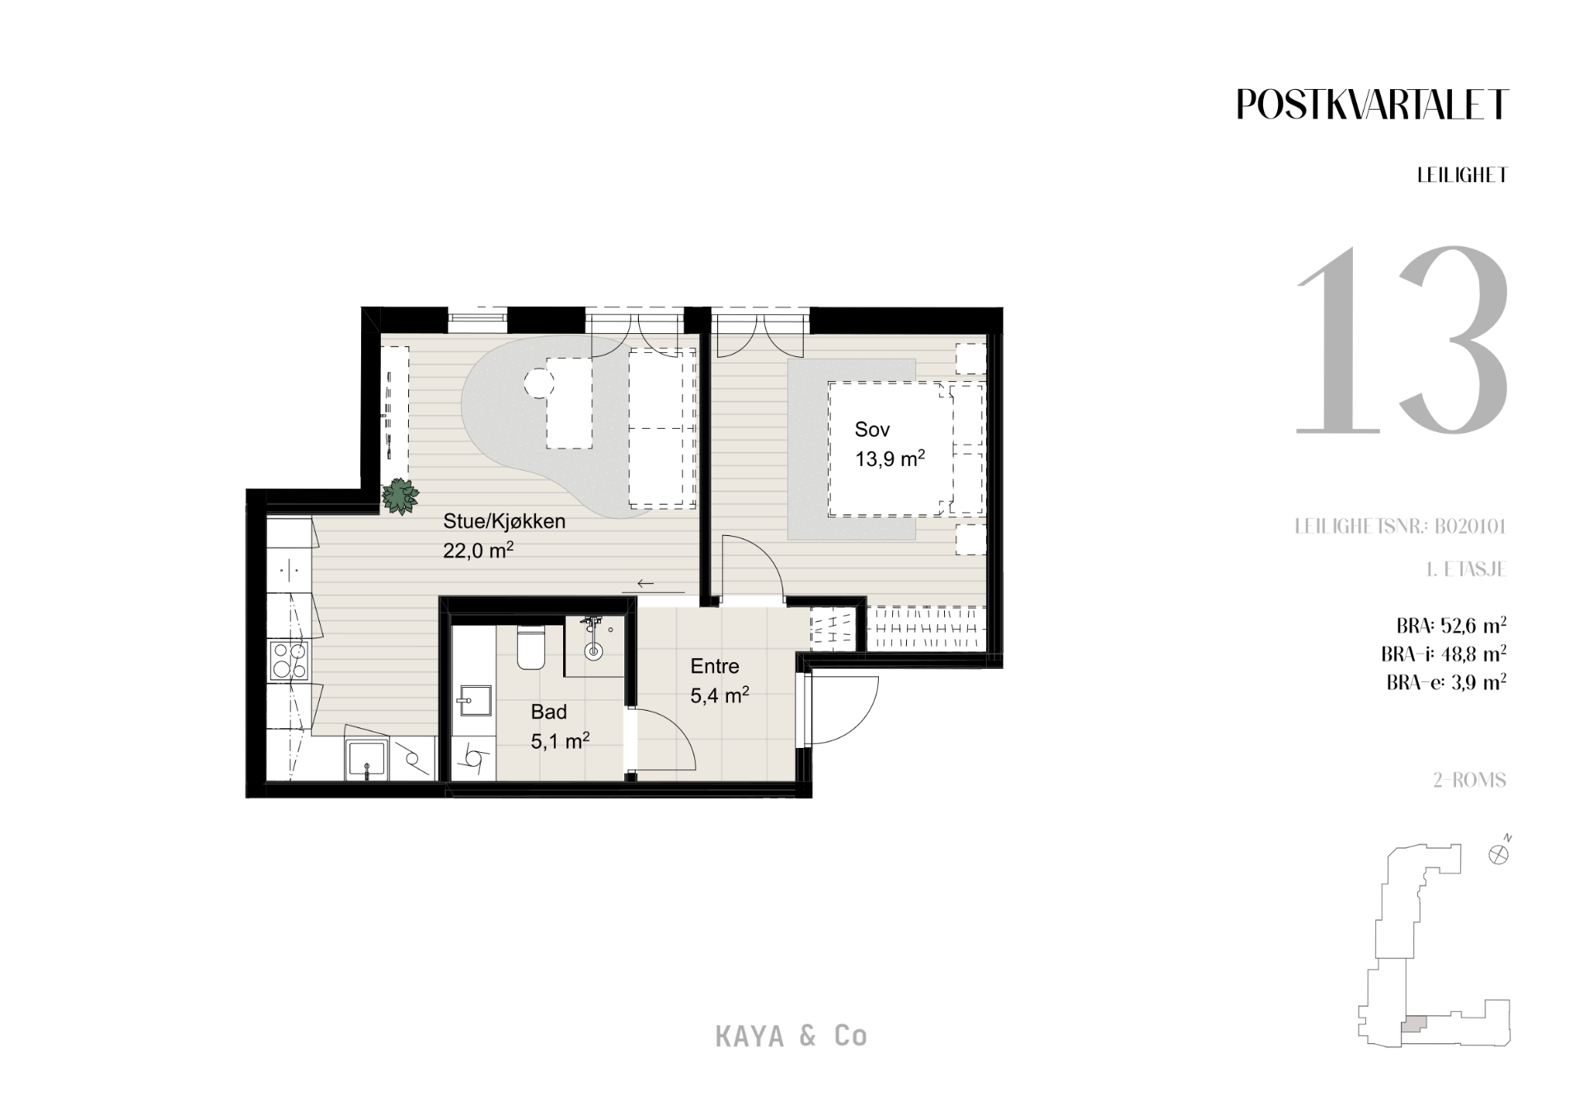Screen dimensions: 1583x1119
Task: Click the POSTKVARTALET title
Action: tap(1372, 105)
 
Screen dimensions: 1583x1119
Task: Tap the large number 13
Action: tap(1402, 339)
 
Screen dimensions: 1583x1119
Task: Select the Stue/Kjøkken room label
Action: tap(504, 521)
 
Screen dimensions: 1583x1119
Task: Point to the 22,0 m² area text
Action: tap(478, 550)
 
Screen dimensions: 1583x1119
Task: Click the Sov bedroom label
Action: tap(872, 430)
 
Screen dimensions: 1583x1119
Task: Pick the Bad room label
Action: tap(548, 712)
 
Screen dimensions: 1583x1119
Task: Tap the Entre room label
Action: tap(715, 666)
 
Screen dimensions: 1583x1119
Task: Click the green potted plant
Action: tap(400, 496)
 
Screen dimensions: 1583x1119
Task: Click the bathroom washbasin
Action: tap(473, 700)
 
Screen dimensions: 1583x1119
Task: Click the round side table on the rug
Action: tap(538, 383)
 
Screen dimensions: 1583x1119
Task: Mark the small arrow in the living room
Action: tap(646, 584)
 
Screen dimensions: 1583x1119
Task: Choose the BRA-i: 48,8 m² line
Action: tap(1444, 654)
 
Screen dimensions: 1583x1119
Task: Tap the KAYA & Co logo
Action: tap(791, 1037)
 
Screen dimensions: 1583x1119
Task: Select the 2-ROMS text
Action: tap(1469, 780)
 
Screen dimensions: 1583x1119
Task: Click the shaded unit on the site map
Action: tap(1413, 1025)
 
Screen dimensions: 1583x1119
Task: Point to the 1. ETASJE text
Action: tap(1466, 570)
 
